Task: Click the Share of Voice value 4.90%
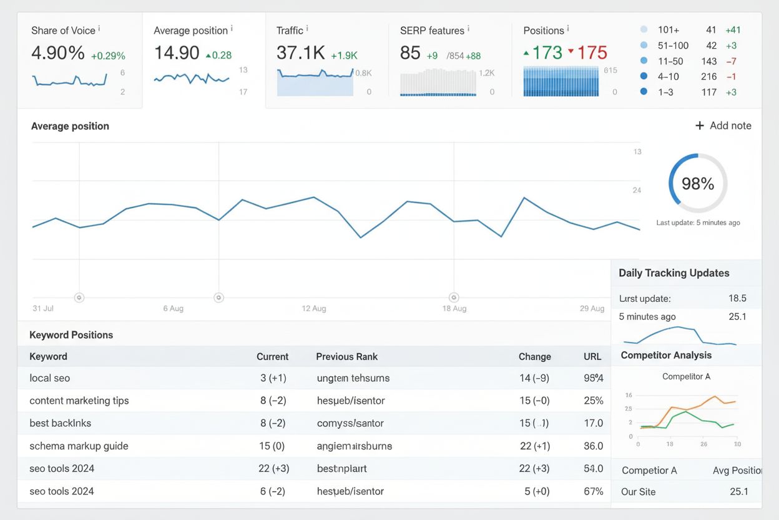58,54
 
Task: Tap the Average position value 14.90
177,54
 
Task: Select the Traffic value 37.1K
301,54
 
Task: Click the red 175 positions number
592,53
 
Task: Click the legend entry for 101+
668,30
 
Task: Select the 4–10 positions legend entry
668,77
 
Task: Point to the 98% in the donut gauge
698,184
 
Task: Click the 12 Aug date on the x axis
314,309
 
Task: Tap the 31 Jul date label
42,309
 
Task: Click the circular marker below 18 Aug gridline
454,298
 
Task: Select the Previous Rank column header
346,357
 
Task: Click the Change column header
534,357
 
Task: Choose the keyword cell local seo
50,378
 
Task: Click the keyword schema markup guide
79,446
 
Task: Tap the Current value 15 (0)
272,446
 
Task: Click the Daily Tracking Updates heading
674,273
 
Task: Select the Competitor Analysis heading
666,356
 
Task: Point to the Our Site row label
638,492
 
